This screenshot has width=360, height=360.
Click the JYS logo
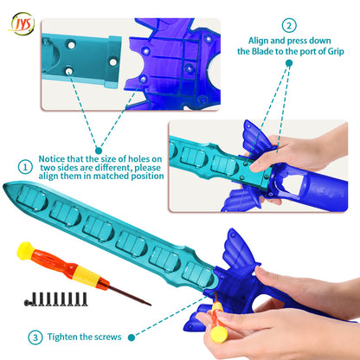point(22,23)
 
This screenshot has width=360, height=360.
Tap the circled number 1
point(25,167)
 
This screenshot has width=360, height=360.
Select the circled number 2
point(289,25)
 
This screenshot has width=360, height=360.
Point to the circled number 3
point(35,337)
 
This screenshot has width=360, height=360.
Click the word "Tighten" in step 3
point(62,337)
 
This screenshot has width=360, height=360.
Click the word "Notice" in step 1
point(52,159)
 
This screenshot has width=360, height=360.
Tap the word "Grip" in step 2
point(336,52)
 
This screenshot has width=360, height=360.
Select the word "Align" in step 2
point(259,41)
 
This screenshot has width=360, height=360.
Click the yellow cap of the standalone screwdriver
point(24,251)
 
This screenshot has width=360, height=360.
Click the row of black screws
point(55,299)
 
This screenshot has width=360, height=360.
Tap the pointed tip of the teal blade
point(4,185)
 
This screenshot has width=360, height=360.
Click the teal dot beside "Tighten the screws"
point(132,337)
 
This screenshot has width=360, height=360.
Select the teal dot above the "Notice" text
point(99,151)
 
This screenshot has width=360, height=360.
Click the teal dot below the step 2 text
point(289,63)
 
